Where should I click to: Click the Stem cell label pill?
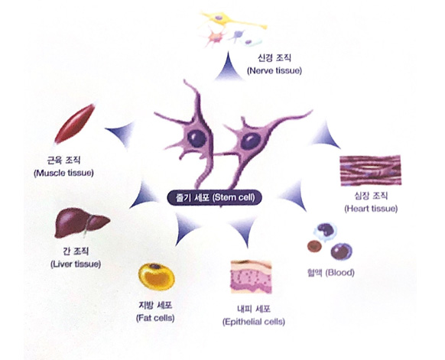214,197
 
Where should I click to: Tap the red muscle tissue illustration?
75,123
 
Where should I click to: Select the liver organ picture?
82,223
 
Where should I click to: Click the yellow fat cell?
157,277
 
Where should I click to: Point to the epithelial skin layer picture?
251,277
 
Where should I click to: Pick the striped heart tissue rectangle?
370,170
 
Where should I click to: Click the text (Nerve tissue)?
274,70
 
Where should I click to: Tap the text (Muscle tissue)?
63,173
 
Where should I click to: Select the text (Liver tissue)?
76,264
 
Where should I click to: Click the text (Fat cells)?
155,318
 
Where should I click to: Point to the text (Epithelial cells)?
254,322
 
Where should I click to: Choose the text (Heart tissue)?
371,209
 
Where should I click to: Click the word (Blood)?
339,273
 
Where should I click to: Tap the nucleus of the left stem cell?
197,138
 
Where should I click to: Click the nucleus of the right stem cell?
251,141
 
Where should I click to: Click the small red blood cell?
314,246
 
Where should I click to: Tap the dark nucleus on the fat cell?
154,267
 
